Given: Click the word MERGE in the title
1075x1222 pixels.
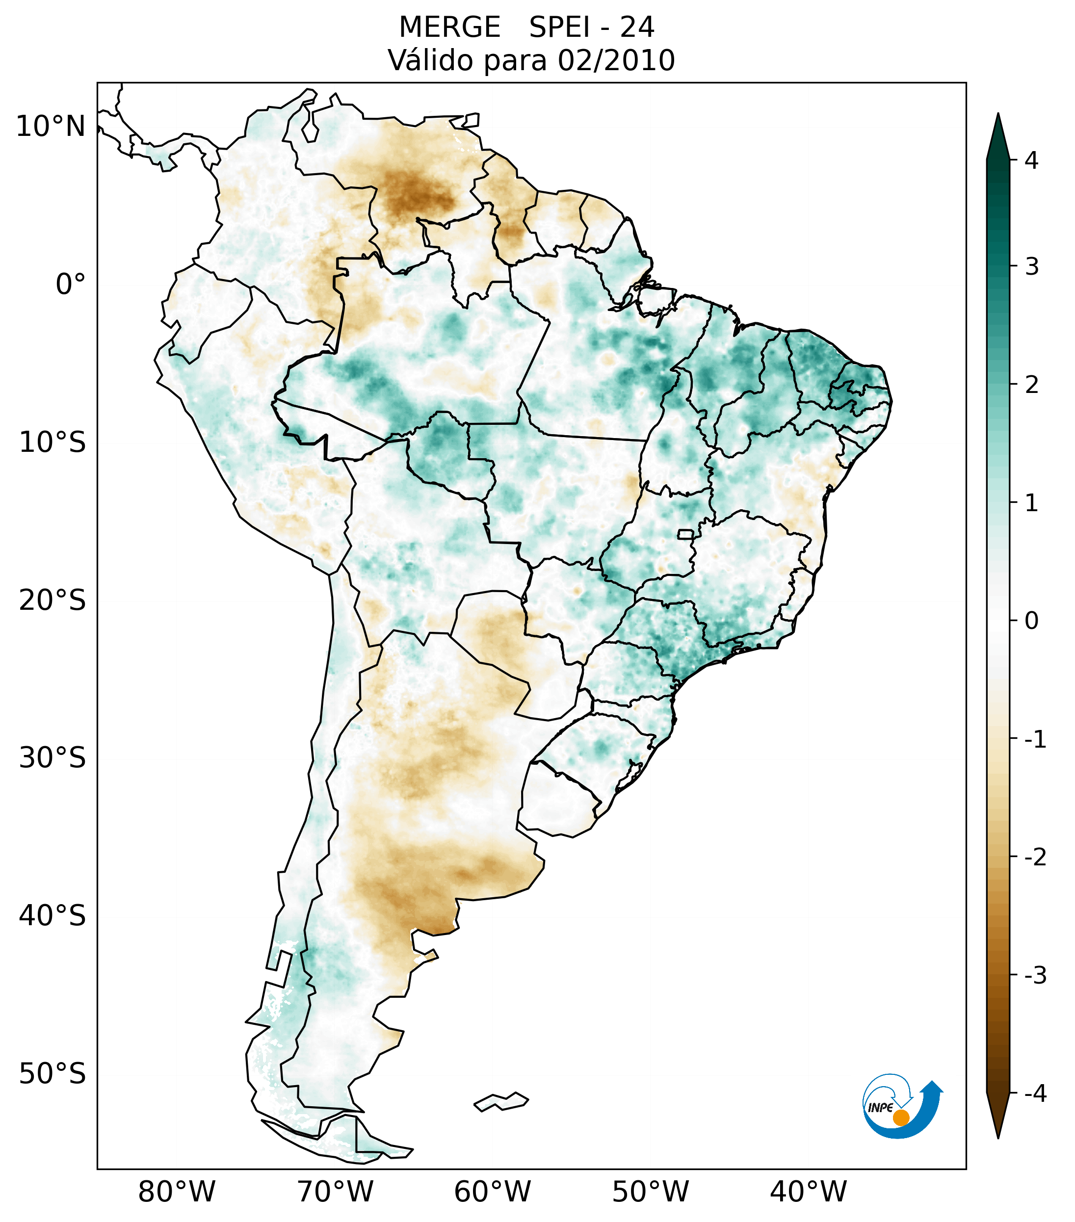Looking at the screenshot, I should click(449, 27).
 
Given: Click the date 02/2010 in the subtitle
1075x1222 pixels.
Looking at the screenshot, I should click(616, 60).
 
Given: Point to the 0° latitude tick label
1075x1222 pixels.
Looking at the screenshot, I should click(71, 285).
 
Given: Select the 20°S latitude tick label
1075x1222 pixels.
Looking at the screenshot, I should click(52, 600).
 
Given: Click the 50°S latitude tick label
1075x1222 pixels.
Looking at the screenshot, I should click(52, 1074).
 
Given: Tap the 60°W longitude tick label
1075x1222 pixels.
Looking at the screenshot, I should click(492, 1192).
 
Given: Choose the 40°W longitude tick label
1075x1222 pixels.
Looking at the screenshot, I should click(808, 1192).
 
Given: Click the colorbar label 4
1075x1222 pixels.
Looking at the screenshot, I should click(1031, 160).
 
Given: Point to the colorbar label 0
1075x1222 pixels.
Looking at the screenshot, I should click(1031, 621).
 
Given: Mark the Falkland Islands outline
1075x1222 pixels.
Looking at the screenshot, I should click(501, 1101).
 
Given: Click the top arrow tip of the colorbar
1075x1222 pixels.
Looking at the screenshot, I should click(998, 115).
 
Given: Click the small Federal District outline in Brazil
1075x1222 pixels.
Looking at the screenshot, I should click(685, 534).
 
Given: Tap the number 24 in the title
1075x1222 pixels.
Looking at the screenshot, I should click(637, 27).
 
